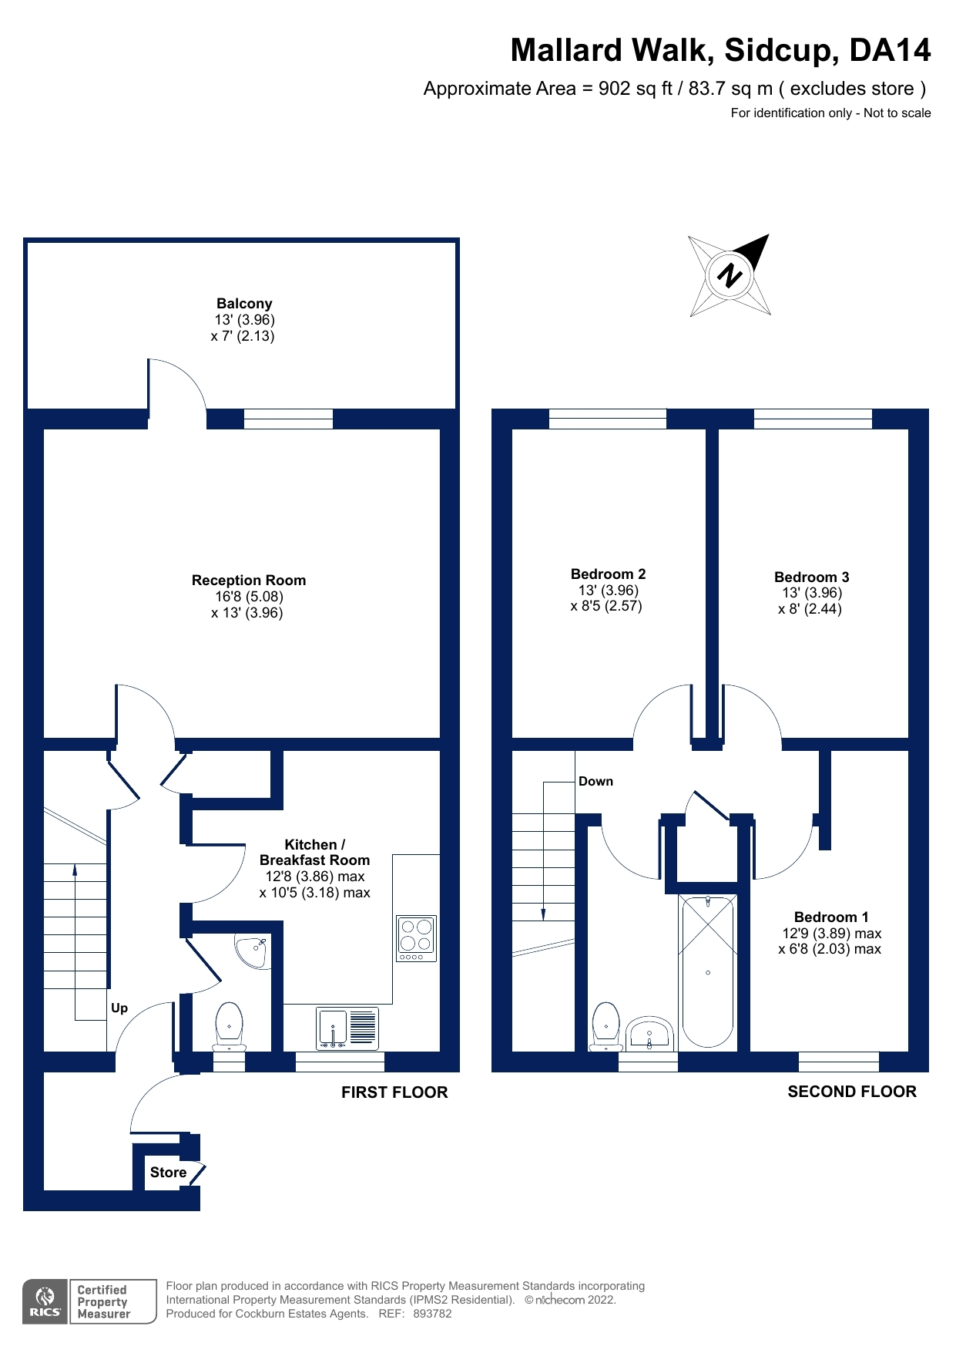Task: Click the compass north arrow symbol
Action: click(x=730, y=275)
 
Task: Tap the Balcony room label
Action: click(x=243, y=304)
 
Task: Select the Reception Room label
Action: click(x=248, y=581)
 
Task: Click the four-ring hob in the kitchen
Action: click(x=416, y=937)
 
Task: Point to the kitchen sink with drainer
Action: click(x=347, y=1028)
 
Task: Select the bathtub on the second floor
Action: click(x=707, y=971)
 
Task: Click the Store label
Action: click(x=168, y=1173)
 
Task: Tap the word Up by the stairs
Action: click(x=119, y=1008)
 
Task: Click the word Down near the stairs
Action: click(x=595, y=782)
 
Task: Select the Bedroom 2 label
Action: click(x=608, y=574)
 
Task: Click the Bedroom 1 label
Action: click(x=830, y=917)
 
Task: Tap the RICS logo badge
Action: click(x=45, y=1302)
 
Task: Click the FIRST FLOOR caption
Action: click(x=394, y=1092)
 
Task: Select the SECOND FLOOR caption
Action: click(x=851, y=1092)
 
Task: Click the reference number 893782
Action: click(x=432, y=1314)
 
